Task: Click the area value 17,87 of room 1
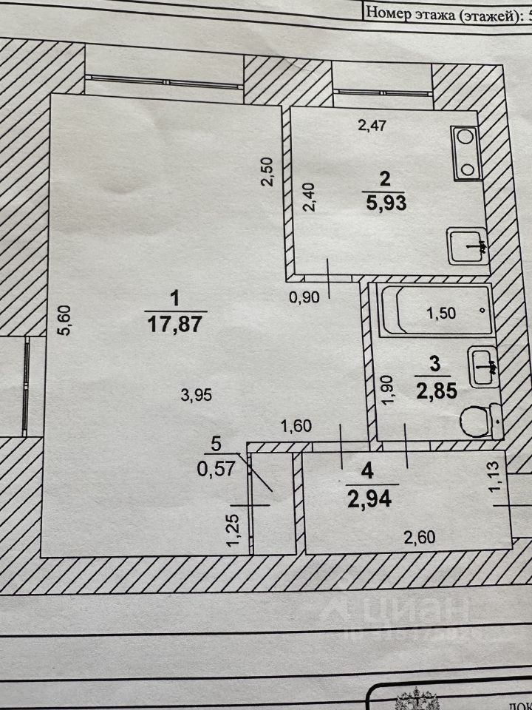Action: (x=174, y=324)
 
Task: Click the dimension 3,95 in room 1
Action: (x=197, y=396)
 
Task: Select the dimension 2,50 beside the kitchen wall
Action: (x=270, y=172)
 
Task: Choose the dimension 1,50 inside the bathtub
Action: (x=443, y=312)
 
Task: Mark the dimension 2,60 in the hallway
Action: (x=415, y=537)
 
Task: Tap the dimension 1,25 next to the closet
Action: (x=233, y=532)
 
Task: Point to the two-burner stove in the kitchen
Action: (x=466, y=153)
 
